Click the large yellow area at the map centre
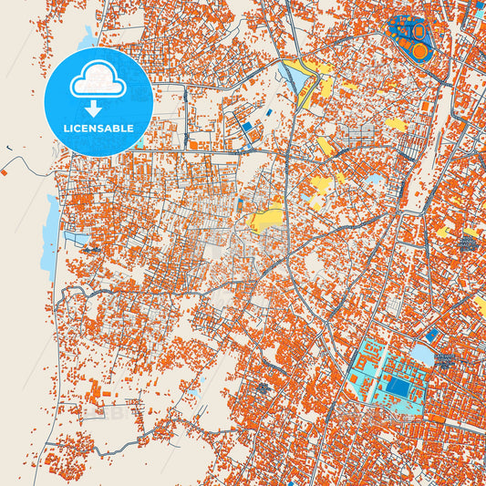265,218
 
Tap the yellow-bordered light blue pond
298,79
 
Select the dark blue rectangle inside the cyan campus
398,388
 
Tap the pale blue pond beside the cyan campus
422,354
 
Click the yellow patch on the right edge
481,305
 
